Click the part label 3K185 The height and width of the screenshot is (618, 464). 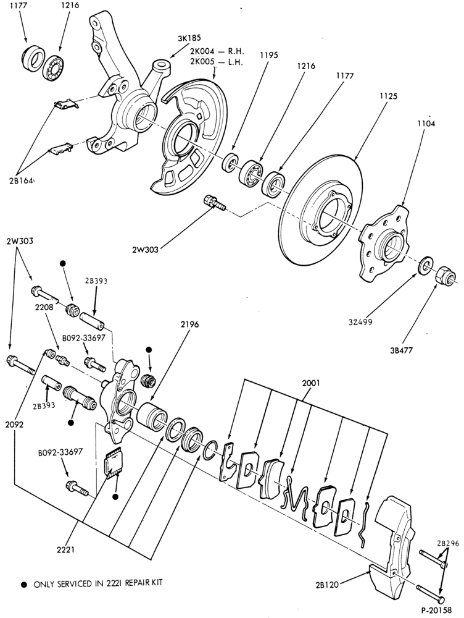pos(189,38)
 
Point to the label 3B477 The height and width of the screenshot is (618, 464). pos(402,350)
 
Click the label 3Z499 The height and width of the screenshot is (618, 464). pos(360,322)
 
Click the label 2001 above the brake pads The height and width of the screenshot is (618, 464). pos(311,383)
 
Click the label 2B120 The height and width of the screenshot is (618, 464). pos(326,584)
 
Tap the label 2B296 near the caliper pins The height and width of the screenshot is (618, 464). pos(448,543)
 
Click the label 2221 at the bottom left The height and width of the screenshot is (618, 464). pos(66,549)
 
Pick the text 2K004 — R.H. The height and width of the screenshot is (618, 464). pos(217,51)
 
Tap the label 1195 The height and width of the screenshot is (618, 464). pos(269,55)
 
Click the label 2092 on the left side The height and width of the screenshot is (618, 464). pos(15,425)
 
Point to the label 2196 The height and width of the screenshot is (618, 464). pos(189,324)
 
